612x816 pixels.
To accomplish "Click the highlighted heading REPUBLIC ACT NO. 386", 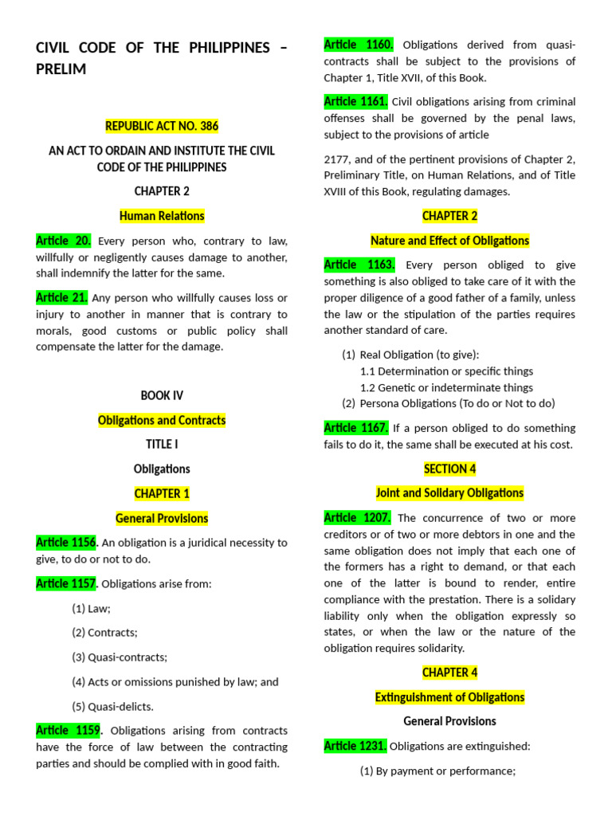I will point(162,126).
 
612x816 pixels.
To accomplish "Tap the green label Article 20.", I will point(64,241).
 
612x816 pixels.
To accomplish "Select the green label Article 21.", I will point(62,297).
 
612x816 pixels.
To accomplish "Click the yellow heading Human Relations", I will point(162,216).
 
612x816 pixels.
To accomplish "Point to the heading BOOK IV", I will point(162,395).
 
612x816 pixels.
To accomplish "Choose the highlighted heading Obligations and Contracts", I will point(162,420).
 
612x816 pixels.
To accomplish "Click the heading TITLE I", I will point(162,445).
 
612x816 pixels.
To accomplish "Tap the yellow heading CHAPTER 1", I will point(162,493).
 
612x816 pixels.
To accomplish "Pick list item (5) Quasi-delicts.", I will point(112,706).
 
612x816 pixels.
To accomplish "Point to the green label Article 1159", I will point(68,731).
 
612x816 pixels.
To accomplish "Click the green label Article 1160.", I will point(359,45).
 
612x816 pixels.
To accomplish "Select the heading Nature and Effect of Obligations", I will point(449,241).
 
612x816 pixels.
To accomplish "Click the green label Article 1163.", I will point(359,265).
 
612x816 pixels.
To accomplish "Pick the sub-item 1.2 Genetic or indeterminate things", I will point(446,387).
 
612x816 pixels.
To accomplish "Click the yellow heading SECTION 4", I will point(449,469).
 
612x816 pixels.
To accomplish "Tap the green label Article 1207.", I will point(357,518).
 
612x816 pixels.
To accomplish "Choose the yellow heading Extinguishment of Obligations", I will point(449,697).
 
